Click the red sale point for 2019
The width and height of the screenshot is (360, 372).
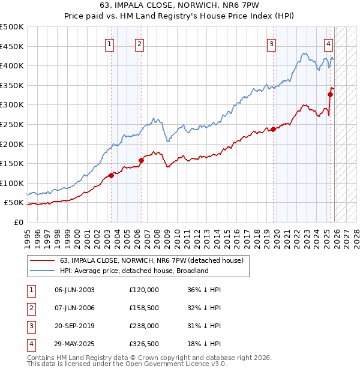tap(273, 129)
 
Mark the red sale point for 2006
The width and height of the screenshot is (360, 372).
tap(141, 160)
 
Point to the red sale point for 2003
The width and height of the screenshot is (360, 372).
tap(111, 175)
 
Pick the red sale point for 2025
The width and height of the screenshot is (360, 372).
tap(330, 94)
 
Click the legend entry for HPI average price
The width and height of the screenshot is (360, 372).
tap(133, 271)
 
